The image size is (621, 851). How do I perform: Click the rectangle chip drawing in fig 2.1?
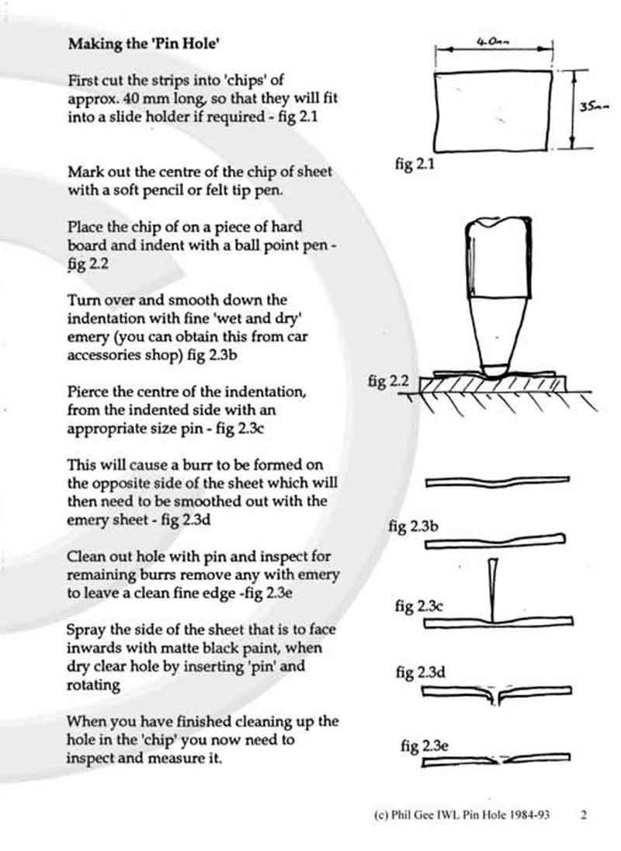click(x=494, y=109)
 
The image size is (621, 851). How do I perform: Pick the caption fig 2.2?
click(x=388, y=381)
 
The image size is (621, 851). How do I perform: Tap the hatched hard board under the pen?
click(x=497, y=386)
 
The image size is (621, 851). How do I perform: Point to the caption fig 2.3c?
click(x=415, y=606)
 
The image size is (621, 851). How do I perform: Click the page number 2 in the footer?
click(x=583, y=815)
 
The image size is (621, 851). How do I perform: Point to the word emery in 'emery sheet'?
click(x=85, y=519)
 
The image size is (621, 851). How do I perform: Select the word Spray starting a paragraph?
click(x=86, y=630)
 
